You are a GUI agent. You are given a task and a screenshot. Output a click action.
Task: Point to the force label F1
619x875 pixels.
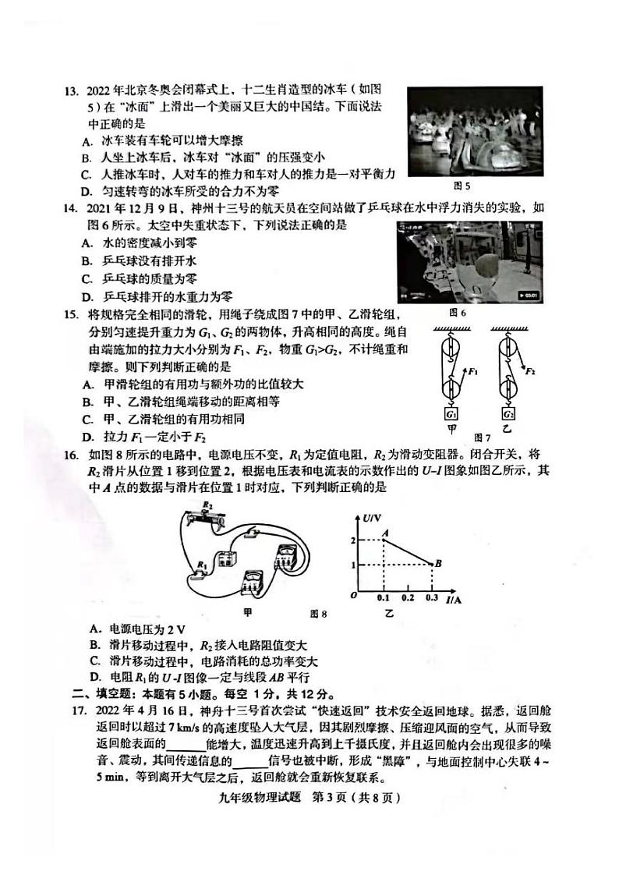[x=474, y=372]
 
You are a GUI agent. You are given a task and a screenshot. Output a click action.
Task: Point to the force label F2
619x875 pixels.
[x=530, y=372]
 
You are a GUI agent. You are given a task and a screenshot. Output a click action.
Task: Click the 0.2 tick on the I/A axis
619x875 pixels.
[x=407, y=597]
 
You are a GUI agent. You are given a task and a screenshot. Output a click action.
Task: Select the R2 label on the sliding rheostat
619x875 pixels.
[x=204, y=505]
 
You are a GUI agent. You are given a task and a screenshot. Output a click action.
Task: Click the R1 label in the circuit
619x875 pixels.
[x=201, y=563]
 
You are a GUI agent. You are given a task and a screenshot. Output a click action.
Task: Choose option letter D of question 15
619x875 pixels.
[x=86, y=437]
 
